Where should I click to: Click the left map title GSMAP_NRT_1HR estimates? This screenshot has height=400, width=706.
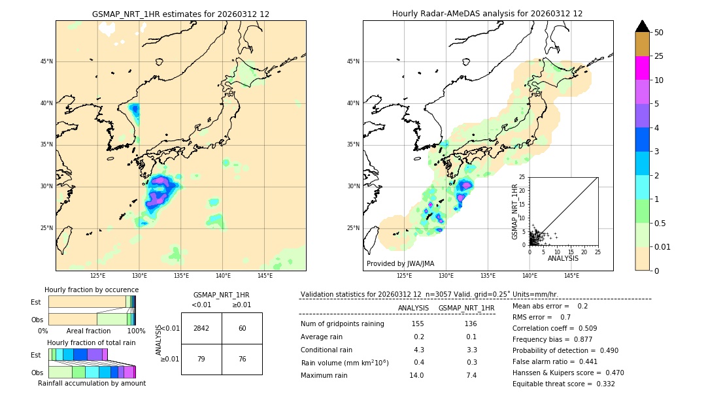(x=180, y=14)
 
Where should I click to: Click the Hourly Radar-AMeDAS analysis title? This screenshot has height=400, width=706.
(x=487, y=14)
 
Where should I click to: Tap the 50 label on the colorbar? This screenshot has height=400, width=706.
(x=659, y=32)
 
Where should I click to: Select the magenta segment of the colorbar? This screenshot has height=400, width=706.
(x=642, y=68)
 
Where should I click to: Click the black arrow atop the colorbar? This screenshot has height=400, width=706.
(x=642, y=26)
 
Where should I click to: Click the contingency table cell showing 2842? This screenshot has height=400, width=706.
(x=201, y=328)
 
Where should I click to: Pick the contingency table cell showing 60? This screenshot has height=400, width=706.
(x=242, y=328)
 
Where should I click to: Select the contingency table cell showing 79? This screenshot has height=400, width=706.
(x=201, y=358)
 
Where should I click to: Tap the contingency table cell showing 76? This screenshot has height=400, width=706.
(x=242, y=358)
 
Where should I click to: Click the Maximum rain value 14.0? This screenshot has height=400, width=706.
(x=416, y=375)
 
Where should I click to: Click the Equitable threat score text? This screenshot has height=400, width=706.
(x=563, y=384)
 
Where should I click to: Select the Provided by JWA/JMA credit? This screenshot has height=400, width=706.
(x=400, y=263)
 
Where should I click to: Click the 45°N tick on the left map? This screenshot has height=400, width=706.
(x=46, y=61)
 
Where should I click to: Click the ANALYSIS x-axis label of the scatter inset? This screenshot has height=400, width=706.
(x=563, y=258)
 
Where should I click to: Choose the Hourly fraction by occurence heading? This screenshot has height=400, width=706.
(x=92, y=290)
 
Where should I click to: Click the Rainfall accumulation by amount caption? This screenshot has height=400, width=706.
(x=92, y=383)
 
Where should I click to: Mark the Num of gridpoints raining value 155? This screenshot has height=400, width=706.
(x=418, y=324)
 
